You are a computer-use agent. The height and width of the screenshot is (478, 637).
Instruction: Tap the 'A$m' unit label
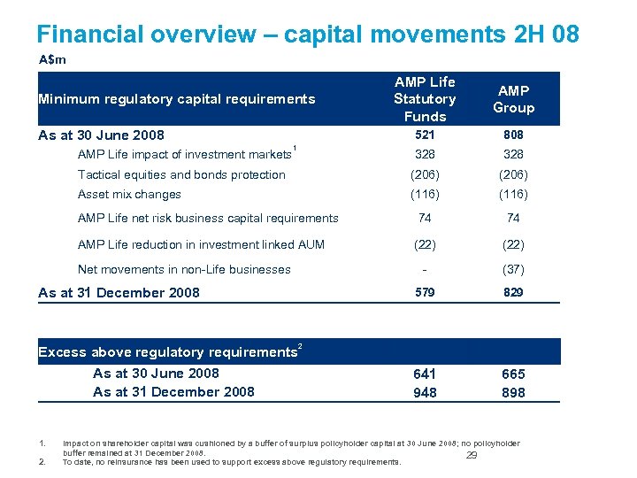coord(52,59)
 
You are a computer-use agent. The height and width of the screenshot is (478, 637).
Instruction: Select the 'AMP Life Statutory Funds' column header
coord(425,99)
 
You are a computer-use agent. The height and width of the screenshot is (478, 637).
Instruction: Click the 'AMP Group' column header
coord(513,99)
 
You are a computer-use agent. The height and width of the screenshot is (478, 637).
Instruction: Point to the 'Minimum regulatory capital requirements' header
coord(177,99)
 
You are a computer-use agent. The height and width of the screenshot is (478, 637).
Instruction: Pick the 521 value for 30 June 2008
coord(425,135)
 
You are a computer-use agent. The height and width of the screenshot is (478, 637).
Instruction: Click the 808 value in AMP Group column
coord(513,135)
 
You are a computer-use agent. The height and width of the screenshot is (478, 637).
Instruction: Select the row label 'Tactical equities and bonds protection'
coord(181,175)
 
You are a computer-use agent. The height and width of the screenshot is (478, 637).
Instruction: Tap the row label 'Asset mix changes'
coord(129,195)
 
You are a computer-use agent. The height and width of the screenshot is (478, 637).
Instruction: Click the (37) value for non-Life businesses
coord(513,270)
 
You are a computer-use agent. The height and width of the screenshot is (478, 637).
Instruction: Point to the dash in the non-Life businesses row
coord(425,270)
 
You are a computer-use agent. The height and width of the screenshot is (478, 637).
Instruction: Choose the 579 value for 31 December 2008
coord(425,292)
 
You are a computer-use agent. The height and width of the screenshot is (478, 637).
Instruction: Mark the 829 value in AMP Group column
coord(513,292)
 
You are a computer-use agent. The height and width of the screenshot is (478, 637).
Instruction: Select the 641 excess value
coord(425,374)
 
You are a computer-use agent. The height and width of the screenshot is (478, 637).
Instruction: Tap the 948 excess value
coord(425,393)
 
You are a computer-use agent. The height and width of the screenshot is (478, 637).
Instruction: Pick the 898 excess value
coord(513,393)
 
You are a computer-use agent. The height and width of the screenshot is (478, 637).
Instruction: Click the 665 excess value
coord(513,374)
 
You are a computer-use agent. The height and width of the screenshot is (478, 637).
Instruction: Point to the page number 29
coord(472,456)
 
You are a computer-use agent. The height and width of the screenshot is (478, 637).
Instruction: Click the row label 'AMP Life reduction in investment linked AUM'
coord(201,245)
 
